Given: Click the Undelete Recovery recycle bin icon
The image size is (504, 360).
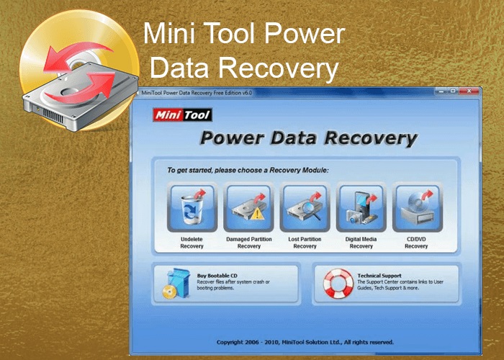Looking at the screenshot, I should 192,208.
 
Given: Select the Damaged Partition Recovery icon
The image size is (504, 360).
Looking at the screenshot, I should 248,208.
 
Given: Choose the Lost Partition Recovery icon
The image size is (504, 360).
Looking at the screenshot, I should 305,208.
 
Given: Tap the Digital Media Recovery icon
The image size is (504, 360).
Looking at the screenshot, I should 361,208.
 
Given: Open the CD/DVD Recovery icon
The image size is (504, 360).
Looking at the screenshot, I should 416,208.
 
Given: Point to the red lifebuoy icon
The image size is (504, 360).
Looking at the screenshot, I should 337,283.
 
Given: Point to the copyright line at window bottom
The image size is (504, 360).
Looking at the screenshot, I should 305,341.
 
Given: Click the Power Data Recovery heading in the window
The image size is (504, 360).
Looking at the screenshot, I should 308,138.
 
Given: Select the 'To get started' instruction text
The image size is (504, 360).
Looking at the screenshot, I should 248,171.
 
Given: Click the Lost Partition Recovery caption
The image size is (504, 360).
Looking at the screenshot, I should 305,243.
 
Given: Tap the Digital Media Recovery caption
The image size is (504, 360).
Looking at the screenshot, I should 361,243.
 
